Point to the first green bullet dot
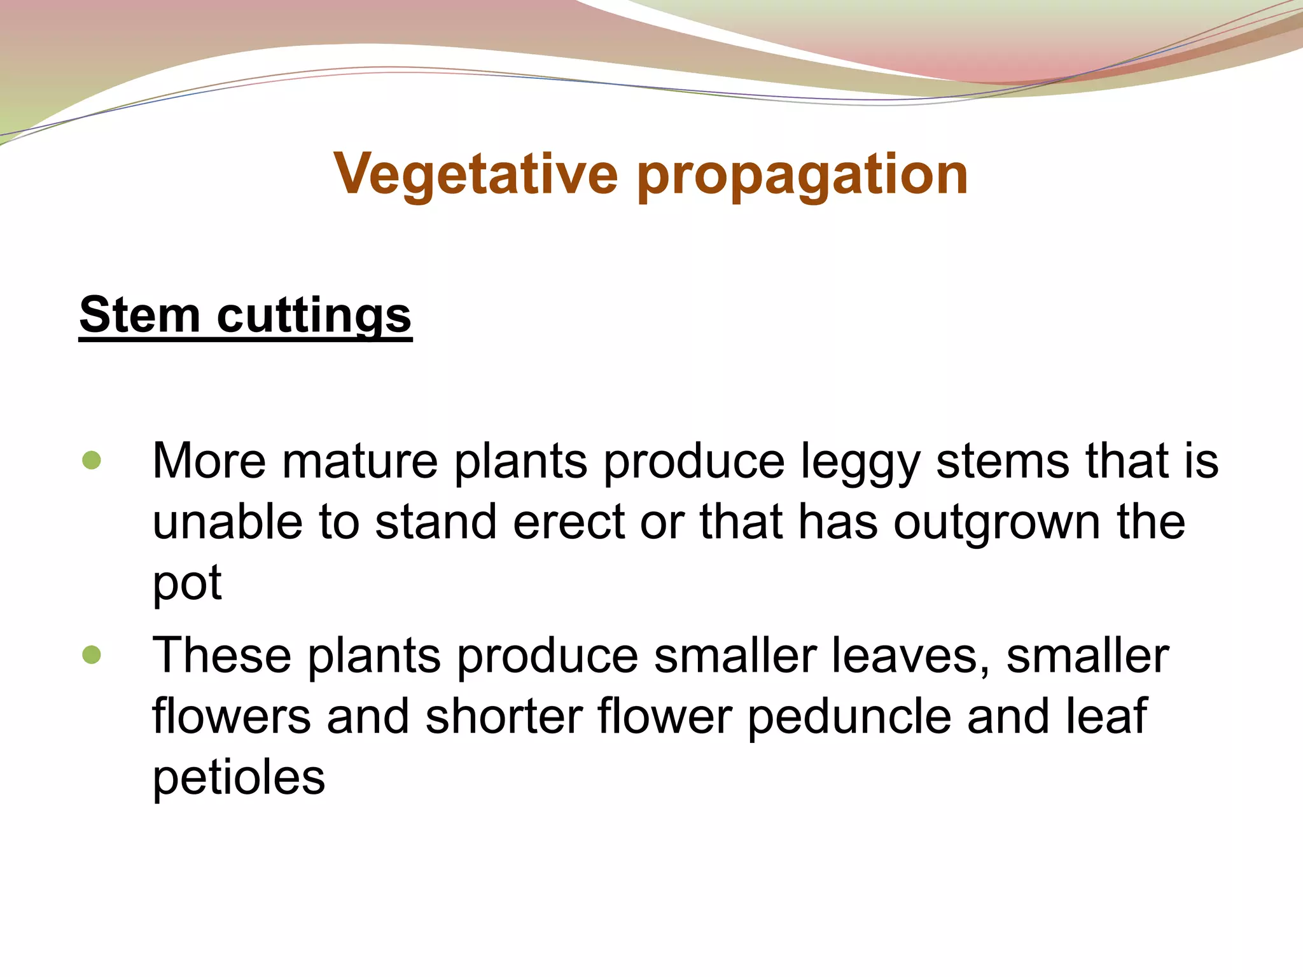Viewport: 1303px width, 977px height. click(92, 461)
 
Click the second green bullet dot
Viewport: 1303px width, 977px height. click(92, 655)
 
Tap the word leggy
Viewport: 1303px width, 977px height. click(860, 462)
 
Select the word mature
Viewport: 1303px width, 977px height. click(360, 461)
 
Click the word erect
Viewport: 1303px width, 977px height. click(569, 522)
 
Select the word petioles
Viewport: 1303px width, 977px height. click(239, 777)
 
